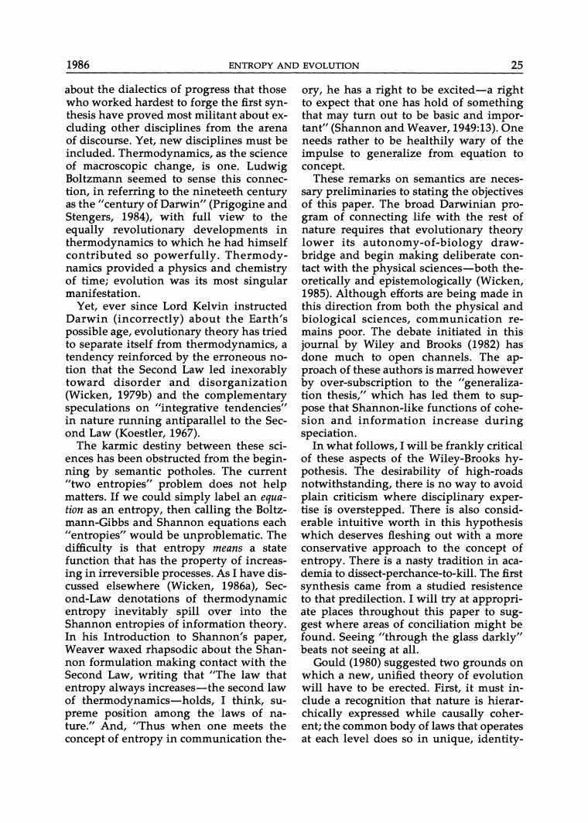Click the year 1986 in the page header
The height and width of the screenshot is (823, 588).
point(79,65)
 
